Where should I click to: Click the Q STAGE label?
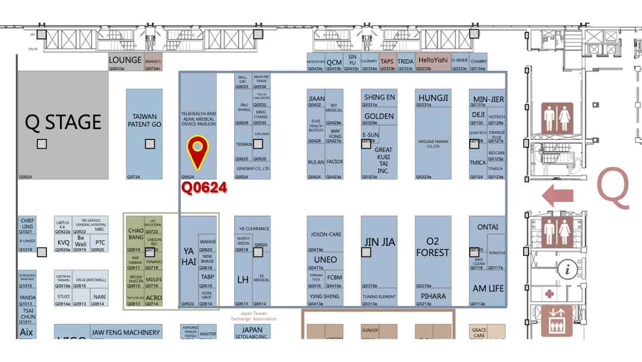click(63, 122)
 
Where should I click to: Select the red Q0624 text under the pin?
click(204, 188)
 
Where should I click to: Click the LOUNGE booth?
click(125, 60)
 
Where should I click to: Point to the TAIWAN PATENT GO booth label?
click(144, 120)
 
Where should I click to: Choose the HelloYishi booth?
click(433, 60)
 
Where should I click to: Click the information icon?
click(569, 269)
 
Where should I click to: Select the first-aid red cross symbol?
click(550, 294)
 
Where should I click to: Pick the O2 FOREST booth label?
click(432, 246)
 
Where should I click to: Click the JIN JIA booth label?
click(379, 242)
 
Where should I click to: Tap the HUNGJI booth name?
click(433, 98)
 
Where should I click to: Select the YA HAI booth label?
click(188, 257)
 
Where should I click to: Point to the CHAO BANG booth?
click(136, 233)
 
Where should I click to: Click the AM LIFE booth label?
click(487, 288)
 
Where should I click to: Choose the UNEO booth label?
click(325, 260)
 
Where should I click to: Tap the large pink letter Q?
click(613, 189)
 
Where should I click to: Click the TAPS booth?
click(387, 61)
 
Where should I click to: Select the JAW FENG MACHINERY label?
click(125, 332)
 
